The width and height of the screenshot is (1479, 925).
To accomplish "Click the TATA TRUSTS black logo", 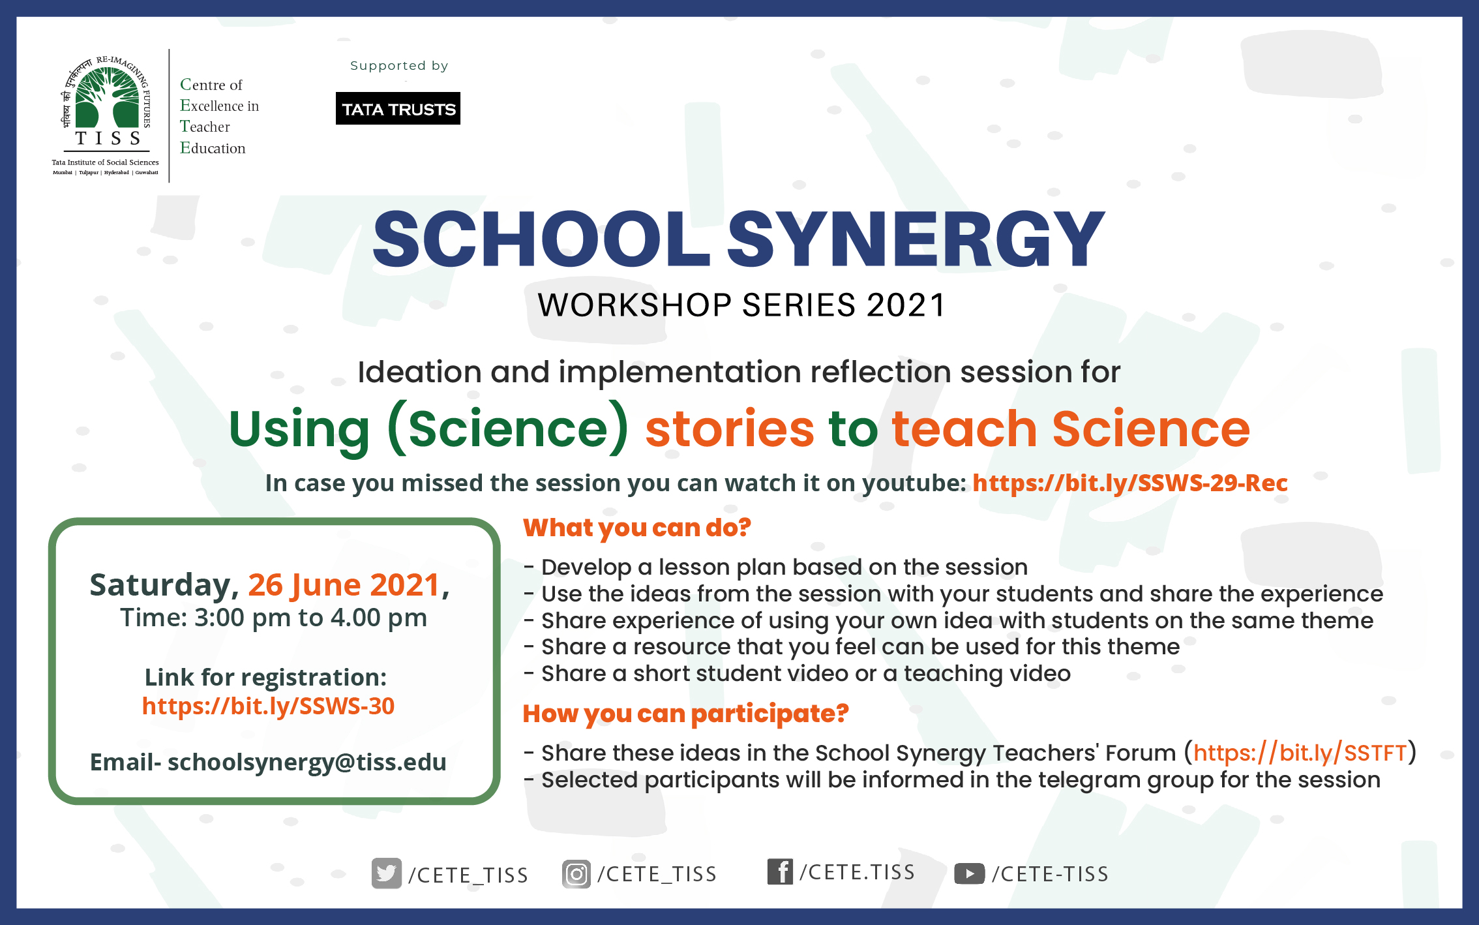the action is (x=398, y=108).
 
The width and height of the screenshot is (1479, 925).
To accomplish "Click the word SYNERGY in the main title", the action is (x=916, y=239).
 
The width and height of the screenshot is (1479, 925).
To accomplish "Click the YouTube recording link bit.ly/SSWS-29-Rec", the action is (x=1130, y=483).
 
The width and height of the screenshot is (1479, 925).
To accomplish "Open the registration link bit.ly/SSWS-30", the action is (x=268, y=706).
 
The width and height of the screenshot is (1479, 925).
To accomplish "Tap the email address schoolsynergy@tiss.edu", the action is (x=307, y=762).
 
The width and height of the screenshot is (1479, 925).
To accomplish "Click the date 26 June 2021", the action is (x=344, y=585).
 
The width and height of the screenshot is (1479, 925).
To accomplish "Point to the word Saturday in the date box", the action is (x=160, y=586).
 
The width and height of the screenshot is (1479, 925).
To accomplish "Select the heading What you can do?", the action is (x=637, y=528).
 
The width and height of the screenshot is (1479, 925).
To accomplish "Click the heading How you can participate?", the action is (x=686, y=714).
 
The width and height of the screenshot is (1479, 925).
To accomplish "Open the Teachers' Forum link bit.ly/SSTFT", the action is (x=1300, y=753).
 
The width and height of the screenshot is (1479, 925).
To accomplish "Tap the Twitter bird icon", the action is (x=386, y=873).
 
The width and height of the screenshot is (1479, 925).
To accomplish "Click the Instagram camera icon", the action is (x=576, y=874).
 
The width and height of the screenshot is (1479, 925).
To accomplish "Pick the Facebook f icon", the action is (x=780, y=872).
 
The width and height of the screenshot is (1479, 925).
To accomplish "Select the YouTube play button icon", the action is (x=970, y=873).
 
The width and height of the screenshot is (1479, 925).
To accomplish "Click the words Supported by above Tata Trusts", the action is (x=399, y=66).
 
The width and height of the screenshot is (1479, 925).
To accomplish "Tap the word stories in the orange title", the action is (x=730, y=429).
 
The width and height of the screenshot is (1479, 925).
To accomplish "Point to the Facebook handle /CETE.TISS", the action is (x=858, y=872).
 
